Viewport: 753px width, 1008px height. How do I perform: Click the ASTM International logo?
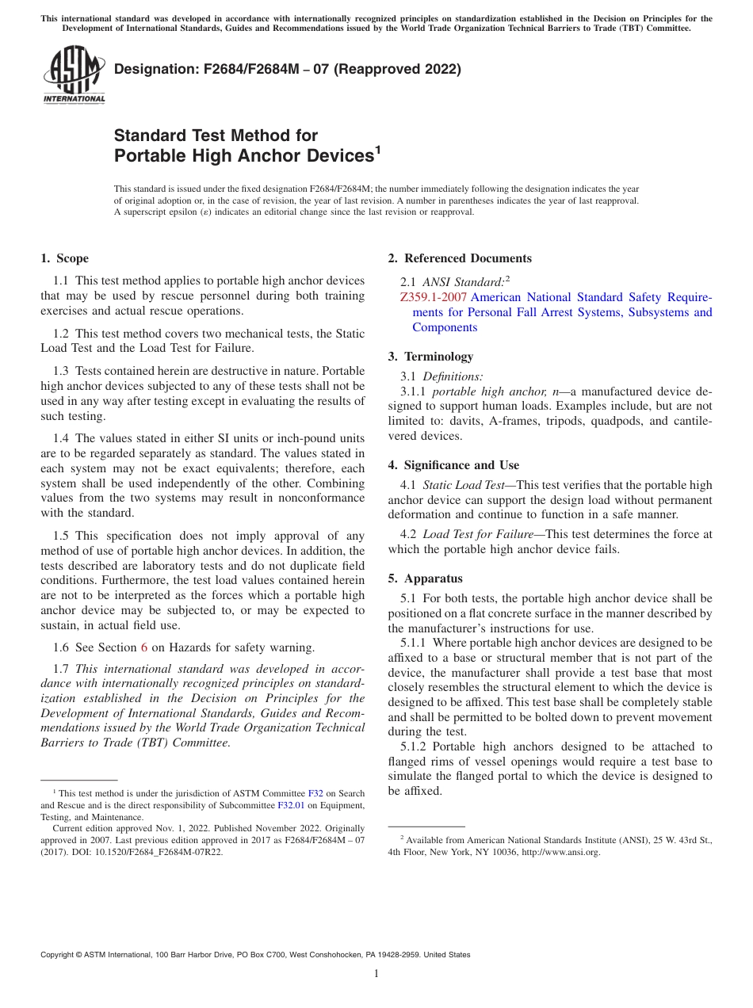click(x=73, y=74)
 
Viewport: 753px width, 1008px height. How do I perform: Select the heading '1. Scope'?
click(x=64, y=258)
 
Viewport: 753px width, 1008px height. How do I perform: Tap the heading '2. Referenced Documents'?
click(x=460, y=258)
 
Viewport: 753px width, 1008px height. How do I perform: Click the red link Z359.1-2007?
click(x=434, y=297)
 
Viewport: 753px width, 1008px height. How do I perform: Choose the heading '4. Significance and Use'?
click(x=453, y=465)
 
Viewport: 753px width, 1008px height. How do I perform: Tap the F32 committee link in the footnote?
click(x=315, y=793)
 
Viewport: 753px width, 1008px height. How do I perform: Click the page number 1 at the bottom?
click(x=376, y=974)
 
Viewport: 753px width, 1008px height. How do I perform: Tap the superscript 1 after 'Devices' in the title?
click(x=377, y=148)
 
